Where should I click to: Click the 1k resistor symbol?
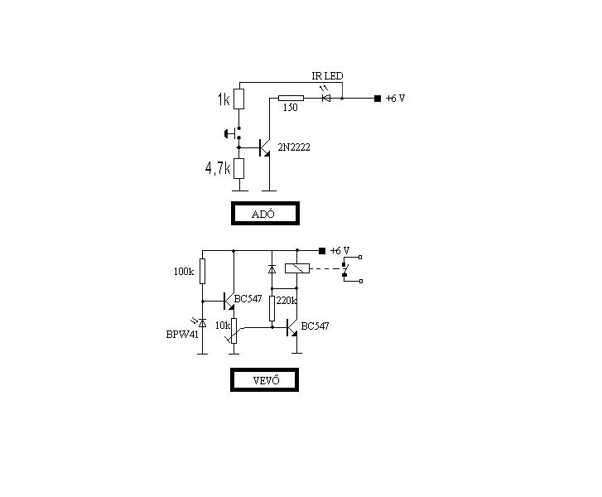(x=238, y=99)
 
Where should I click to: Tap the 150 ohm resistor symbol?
(x=290, y=99)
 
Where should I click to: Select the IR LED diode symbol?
(x=325, y=99)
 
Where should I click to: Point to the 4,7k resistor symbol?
(x=238, y=169)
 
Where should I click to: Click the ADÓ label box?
(x=263, y=214)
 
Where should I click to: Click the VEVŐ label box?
(x=263, y=380)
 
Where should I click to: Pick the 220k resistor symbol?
(x=272, y=309)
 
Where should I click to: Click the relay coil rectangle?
(x=296, y=268)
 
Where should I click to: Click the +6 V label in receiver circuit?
(x=340, y=250)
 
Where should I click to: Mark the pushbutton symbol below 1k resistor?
(x=233, y=133)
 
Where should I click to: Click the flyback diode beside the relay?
(x=272, y=269)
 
